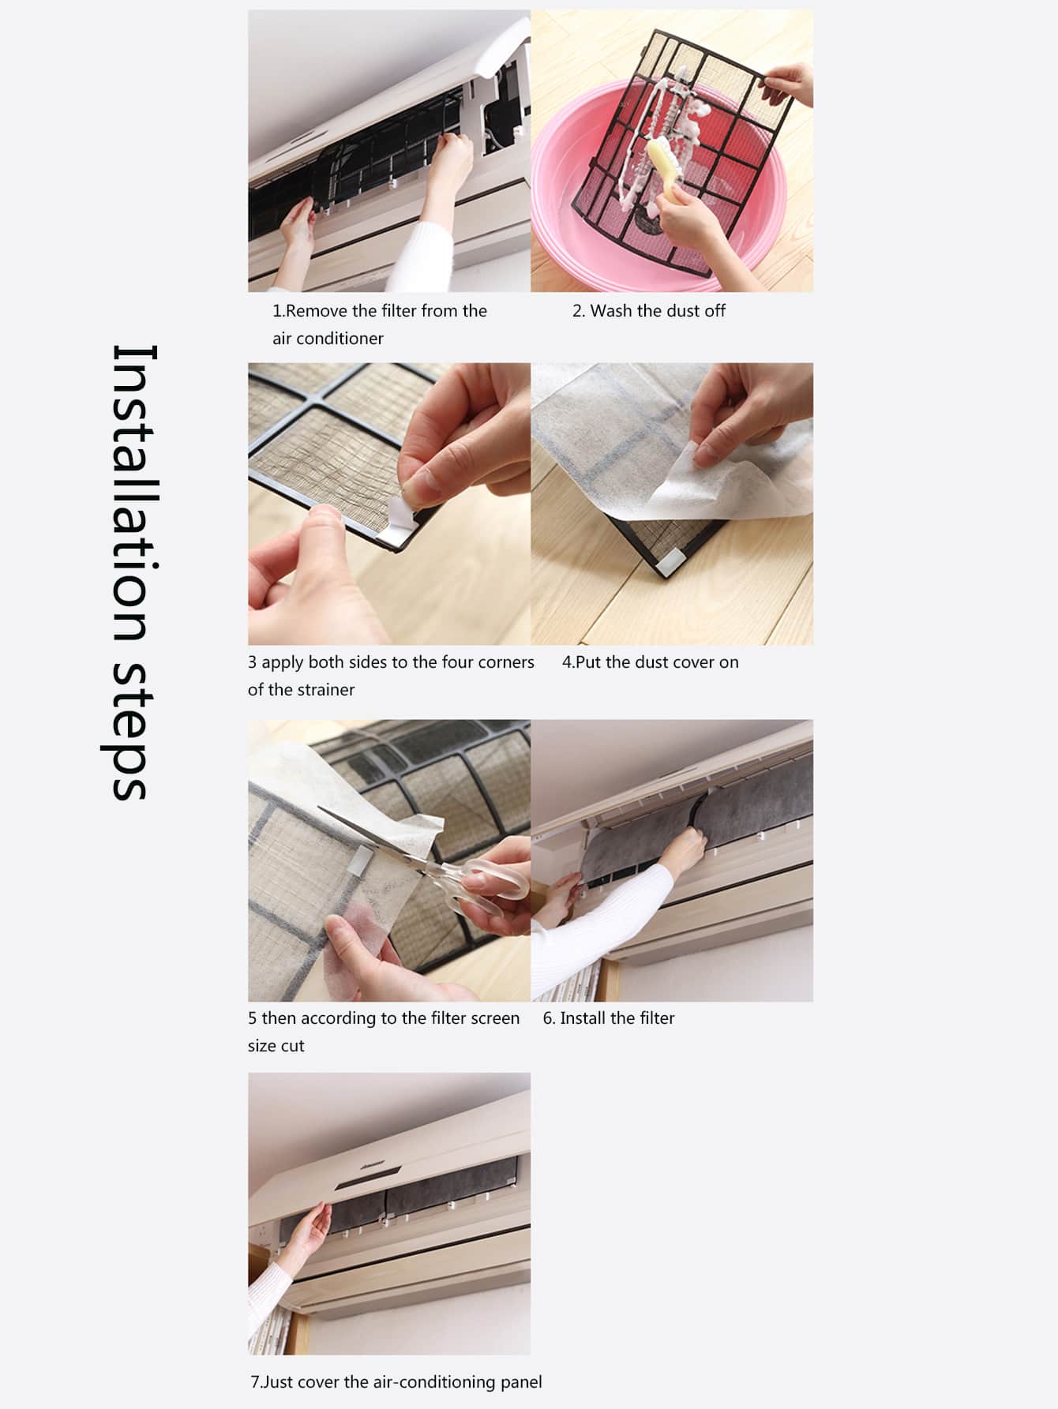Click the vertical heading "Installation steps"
click(x=131, y=572)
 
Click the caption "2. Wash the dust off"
click(x=649, y=311)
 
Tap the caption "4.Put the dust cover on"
click(x=651, y=662)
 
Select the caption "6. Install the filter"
click(x=609, y=1018)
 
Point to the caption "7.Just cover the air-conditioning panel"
click(x=396, y=1382)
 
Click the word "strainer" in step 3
click(x=325, y=690)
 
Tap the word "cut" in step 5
click(x=293, y=1046)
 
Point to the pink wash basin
click(x=658, y=213)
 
